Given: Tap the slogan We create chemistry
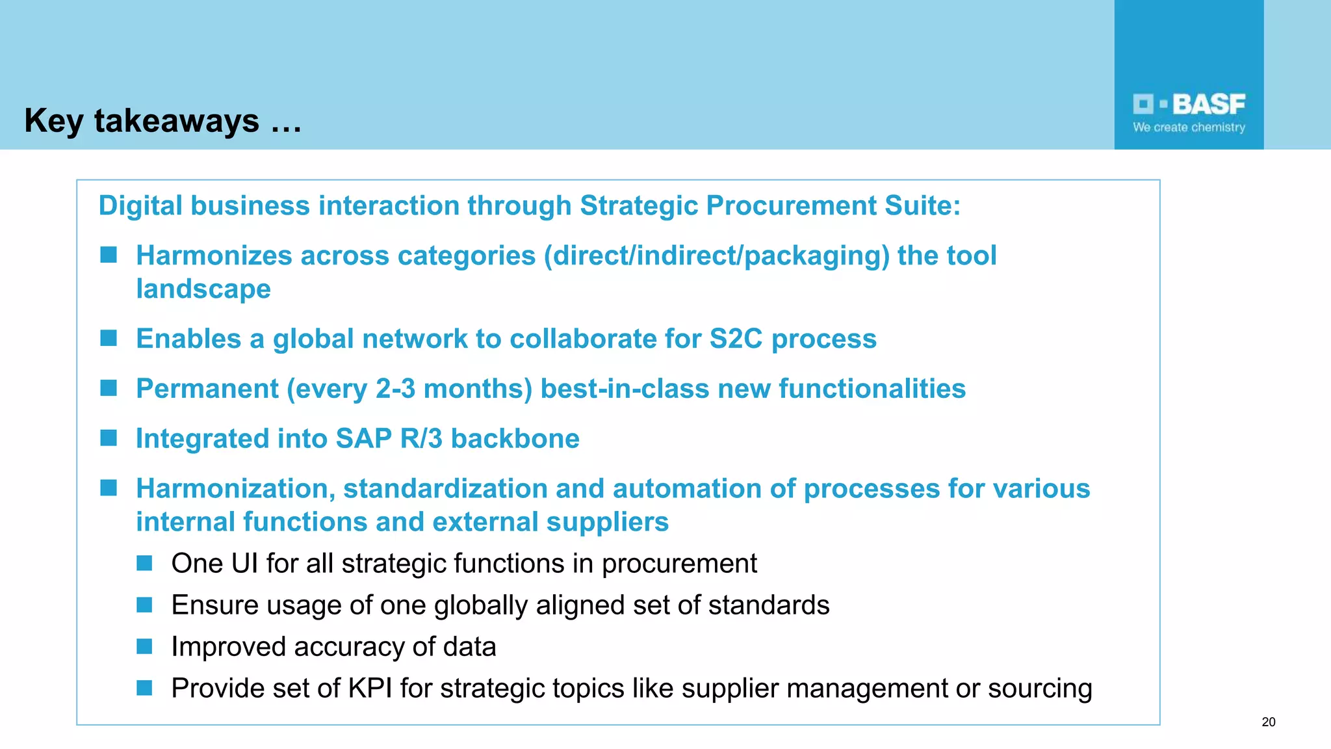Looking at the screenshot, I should coord(1189,127).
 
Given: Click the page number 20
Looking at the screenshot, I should coord(1268,722).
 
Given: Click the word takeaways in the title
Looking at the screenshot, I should coord(176,121).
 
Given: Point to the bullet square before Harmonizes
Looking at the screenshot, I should coord(109,255).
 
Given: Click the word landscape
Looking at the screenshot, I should coord(203,289).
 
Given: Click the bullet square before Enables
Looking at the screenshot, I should coord(109,338).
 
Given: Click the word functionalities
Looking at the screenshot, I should coord(872,389).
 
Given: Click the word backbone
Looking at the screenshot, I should coord(515,439).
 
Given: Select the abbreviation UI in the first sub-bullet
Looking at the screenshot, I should coord(244,564).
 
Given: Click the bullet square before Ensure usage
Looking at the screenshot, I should coord(144,605).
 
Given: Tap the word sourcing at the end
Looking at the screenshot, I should coord(1039,689).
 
